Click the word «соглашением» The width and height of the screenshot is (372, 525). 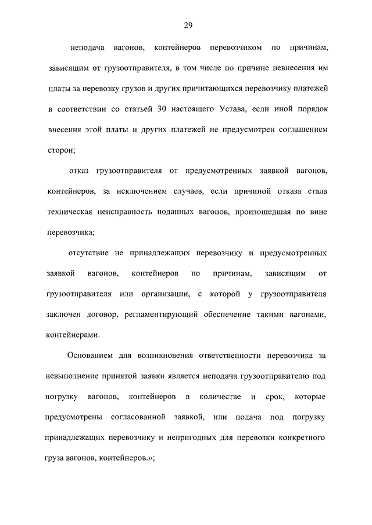(x=298, y=129)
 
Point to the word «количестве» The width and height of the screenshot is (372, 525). (x=219, y=396)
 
